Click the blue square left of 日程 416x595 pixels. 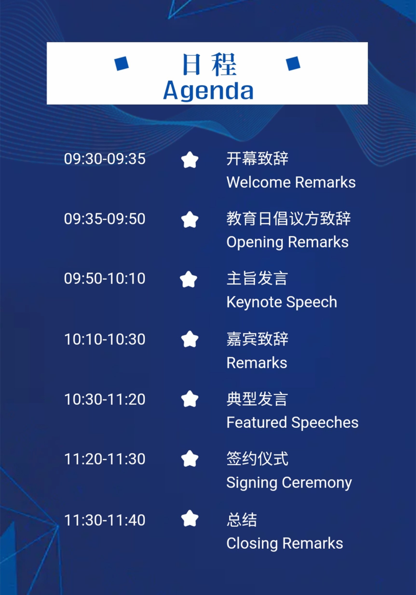pyautogui.click(x=122, y=64)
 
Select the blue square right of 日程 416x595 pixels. pyautogui.click(x=293, y=64)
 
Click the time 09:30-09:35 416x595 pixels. pyautogui.click(x=105, y=159)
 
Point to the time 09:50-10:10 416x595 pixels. pyautogui.click(x=105, y=278)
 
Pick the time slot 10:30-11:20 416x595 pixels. pyautogui.click(x=105, y=399)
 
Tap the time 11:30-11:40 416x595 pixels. pyautogui.click(x=105, y=520)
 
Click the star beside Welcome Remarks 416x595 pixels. pyautogui.click(x=190, y=160)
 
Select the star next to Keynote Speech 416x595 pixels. pyautogui.click(x=189, y=279)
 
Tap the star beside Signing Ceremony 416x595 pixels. pyautogui.click(x=190, y=458)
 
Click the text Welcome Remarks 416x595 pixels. pyautogui.click(x=291, y=182)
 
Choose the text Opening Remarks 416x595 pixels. pyautogui.click(x=287, y=243)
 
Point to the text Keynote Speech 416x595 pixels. pyautogui.click(x=282, y=302)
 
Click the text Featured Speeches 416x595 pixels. pyautogui.click(x=293, y=423)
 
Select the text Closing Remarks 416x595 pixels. pyautogui.click(x=285, y=543)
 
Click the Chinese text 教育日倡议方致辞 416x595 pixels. pyautogui.click(x=289, y=218)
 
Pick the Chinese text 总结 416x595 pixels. pyautogui.click(x=242, y=520)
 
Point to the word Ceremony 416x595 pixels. pyautogui.click(x=317, y=483)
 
